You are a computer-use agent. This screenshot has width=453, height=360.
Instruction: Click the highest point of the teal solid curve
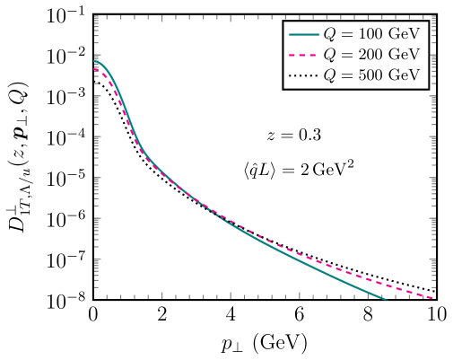pyautogui.click(x=95, y=61)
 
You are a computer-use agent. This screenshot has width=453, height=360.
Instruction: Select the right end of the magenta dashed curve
pyautogui.click(x=432, y=297)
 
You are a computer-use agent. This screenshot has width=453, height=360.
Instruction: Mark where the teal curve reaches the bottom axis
pyautogui.click(x=387, y=300)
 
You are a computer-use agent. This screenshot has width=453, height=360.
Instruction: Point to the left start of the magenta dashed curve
pyautogui.click(x=95, y=68)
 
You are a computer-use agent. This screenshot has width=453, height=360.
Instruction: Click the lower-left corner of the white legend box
pyautogui.click(x=284, y=87)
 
